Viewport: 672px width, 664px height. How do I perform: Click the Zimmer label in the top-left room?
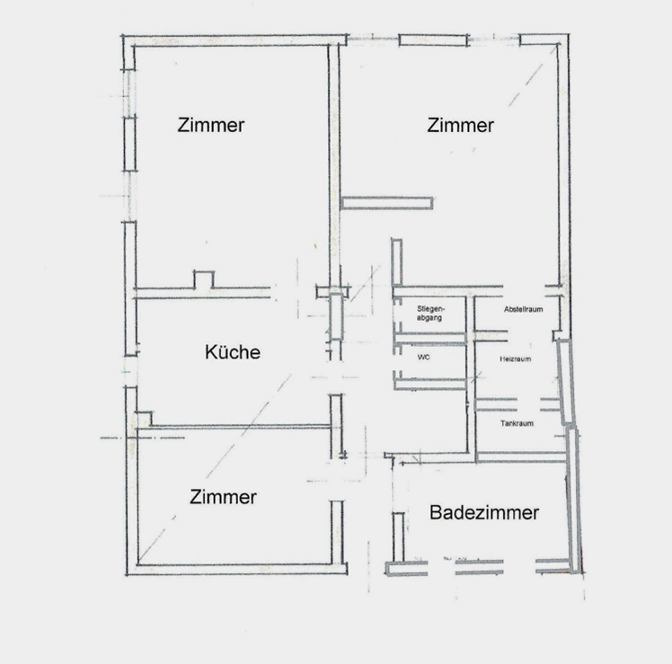(211, 125)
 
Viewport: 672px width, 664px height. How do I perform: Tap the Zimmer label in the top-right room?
(460, 125)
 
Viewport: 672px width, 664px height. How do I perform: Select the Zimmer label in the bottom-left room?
(223, 497)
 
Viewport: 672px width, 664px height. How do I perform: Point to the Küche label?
(233, 352)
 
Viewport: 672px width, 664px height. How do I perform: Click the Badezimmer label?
(484, 513)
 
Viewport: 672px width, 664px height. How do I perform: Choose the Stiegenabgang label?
(430, 314)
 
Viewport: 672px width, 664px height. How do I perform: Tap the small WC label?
(423, 357)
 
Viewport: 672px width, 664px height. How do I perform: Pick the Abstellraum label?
(523, 309)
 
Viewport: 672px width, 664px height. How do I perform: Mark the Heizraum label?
(515, 359)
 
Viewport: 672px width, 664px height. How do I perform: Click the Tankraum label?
(517, 423)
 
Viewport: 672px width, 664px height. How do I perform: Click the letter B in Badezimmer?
(436, 513)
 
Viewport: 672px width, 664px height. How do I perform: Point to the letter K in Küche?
(210, 352)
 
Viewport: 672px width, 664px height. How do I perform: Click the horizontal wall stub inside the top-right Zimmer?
(386, 203)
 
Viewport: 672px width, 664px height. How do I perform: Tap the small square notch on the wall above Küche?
(204, 279)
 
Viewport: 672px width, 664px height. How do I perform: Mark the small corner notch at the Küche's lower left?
(145, 419)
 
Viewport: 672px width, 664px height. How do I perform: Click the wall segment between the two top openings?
(433, 40)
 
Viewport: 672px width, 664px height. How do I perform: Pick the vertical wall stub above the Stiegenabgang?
(397, 261)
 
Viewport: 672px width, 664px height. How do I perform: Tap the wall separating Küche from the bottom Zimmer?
(241, 427)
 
